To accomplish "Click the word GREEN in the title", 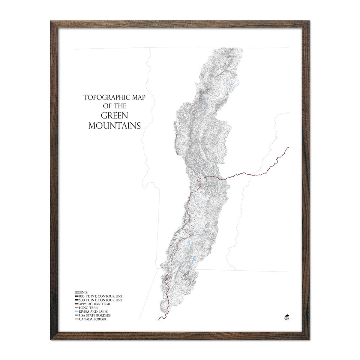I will pos(114,115).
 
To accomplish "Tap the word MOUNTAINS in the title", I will pos(114,125).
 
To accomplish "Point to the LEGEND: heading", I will pos(81,292).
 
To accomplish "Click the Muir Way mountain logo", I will pos(286,316).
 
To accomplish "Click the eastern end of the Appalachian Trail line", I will pos(288,147).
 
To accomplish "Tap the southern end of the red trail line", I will pos(158,320).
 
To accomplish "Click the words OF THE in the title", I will pos(114,106).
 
